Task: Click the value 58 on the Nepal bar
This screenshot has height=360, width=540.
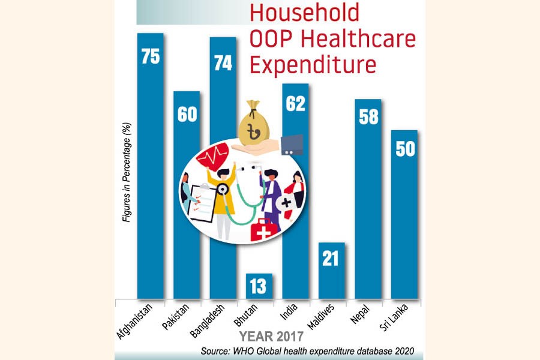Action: click(368, 117)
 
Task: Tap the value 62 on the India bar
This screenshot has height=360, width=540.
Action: click(295, 103)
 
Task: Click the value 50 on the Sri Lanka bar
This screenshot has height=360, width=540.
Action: click(405, 148)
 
